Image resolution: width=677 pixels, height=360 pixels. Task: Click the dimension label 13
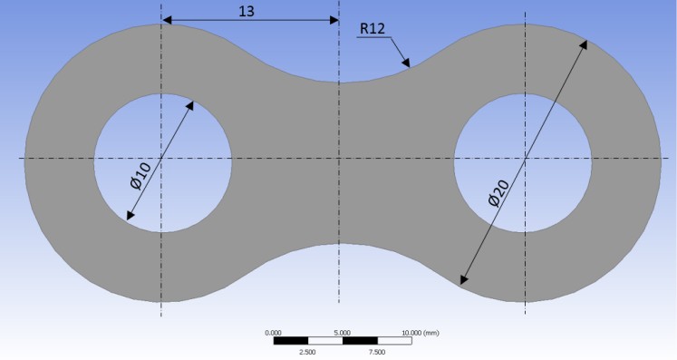click(247, 11)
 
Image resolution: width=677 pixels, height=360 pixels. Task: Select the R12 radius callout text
click(372, 28)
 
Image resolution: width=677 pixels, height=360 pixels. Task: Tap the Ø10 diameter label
click(140, 175)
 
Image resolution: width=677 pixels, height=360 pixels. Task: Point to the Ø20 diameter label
click(498, 193)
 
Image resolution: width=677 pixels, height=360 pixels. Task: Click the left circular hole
click(163, 163)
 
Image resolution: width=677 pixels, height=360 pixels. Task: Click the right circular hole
click(522, 163)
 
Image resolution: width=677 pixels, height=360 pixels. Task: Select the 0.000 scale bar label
click(273, 333)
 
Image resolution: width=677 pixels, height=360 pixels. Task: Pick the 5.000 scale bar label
click(343, 333)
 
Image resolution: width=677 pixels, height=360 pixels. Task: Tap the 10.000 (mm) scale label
click(421, 333)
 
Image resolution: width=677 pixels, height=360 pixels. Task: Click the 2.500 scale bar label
click(307, 352)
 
